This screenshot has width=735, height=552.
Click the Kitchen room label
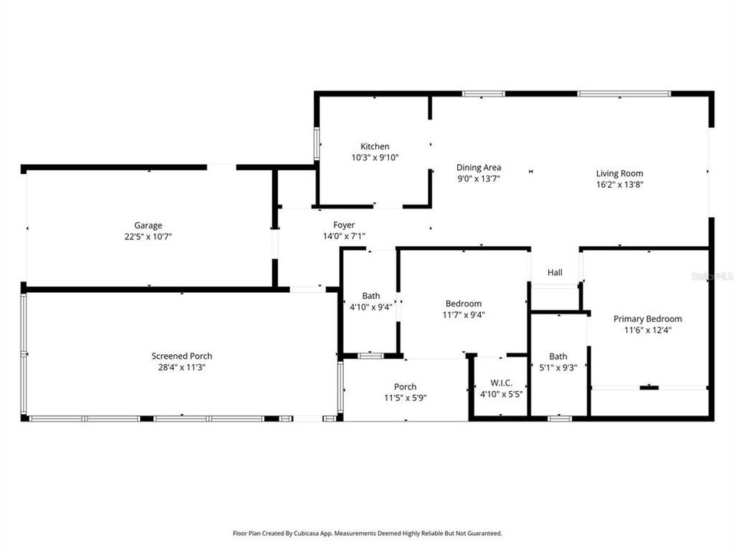click(x=374, y=146)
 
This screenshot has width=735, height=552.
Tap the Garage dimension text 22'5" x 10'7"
click(x=148, y=237)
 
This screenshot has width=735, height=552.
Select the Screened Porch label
click(x=182, y=356)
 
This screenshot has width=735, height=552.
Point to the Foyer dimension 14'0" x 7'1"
click(x=344, y=236)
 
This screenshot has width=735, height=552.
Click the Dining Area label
click(x=479, y=167)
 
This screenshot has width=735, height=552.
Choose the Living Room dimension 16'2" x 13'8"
click(x=619, y=185)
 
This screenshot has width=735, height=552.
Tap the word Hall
click(x=555, y=272)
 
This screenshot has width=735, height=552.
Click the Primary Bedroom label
click(x=648, y=319)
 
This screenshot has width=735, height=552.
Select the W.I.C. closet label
click(x=501, y=383)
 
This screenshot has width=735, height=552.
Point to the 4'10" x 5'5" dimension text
click(x=501, y=394)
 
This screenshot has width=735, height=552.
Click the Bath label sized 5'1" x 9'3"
click(x=558, y=356)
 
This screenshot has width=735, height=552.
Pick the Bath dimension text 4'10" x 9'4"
click(x=371, y=307)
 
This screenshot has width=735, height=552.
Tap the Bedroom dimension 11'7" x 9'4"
click(x=464, y=314)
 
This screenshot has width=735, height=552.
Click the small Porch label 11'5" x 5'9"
click(x=405, y=386)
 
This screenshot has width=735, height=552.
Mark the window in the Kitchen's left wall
click(x=317, y=143)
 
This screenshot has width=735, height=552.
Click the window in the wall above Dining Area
click(x=483, y=94)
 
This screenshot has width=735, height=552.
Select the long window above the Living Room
click(x=624, y=94)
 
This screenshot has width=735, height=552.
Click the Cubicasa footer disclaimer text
click(x=367, y=534)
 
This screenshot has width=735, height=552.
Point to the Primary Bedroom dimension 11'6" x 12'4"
click(x=648, y=330)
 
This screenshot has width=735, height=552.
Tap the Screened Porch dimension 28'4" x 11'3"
click(x=182, y=367)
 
